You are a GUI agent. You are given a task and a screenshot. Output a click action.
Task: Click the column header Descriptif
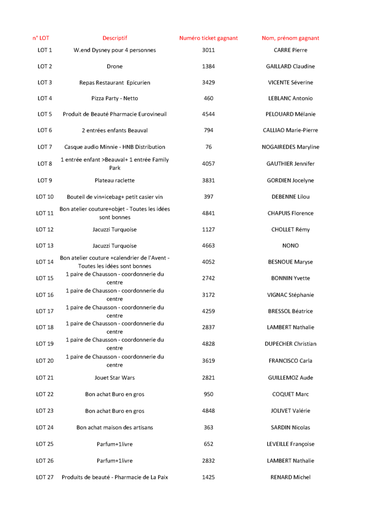[115, 38]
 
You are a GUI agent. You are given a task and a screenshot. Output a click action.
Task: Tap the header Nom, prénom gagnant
[291, 38]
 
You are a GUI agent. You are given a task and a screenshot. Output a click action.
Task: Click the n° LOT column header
[41, 38]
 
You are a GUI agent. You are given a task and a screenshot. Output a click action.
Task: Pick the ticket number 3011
[208, 50]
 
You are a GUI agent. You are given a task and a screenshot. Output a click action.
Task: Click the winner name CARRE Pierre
[291, 50]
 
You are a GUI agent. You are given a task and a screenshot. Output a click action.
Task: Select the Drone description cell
[115, 66]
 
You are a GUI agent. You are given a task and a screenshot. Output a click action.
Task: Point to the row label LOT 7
[45, 147]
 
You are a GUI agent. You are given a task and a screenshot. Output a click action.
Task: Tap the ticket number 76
[208, 147]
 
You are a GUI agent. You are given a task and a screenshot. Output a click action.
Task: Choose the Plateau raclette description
[115, 180]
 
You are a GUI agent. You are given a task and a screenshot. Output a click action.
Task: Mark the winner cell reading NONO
[291, 246]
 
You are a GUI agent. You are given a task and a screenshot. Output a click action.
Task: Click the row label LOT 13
[45, 246]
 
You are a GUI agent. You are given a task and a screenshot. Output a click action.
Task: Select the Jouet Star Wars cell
[115, 378]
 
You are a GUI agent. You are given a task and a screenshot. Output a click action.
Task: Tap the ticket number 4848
[208, 411]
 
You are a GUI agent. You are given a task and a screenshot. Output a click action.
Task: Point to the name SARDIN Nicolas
[291, 427]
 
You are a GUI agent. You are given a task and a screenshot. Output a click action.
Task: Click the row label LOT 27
[45, 477]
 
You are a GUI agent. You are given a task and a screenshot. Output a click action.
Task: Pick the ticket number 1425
[208, 477]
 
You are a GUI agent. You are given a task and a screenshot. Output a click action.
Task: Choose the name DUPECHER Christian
[291, 344]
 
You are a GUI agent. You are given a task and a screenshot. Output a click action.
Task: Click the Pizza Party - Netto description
[115, 98]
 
